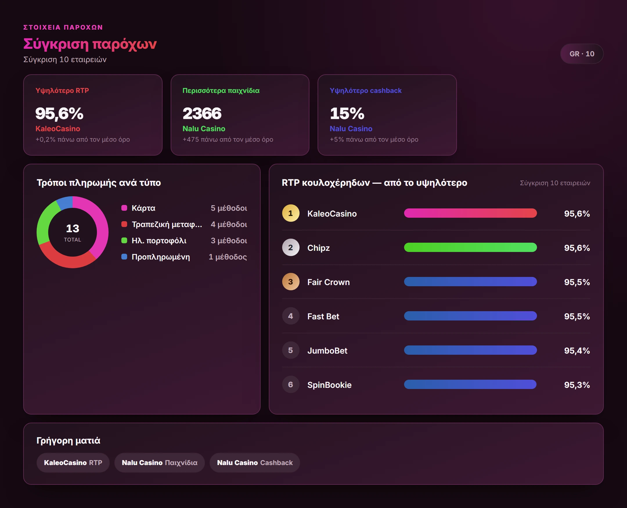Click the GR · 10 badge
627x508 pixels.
click(x=581, y=54)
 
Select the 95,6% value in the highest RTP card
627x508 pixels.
click(x=60, y=114)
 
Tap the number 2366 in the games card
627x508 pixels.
click(x=202, y=114)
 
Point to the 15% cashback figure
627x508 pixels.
click(x=347, y=114)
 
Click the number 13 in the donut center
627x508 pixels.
click(x=73, y=228)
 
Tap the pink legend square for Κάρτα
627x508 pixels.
click(x=124, y=208)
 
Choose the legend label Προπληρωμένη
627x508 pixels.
click(x=161, y=257)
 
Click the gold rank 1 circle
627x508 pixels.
click(x=291, y=213)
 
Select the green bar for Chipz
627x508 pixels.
click(x=470, y=248)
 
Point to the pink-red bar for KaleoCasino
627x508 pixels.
click(x=470, y=213)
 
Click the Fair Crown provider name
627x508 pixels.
click(x=328, y=282)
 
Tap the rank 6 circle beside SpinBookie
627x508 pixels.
click(x=291, y=385)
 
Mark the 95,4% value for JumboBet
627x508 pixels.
click(x=577, y=351)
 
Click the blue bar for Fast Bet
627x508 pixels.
click(x=470, y=316)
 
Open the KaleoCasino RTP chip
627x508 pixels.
click(x=73, y=463)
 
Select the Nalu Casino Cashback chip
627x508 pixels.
click(x=255, y=463)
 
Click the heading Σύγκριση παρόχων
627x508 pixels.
click(x=90, y=44)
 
